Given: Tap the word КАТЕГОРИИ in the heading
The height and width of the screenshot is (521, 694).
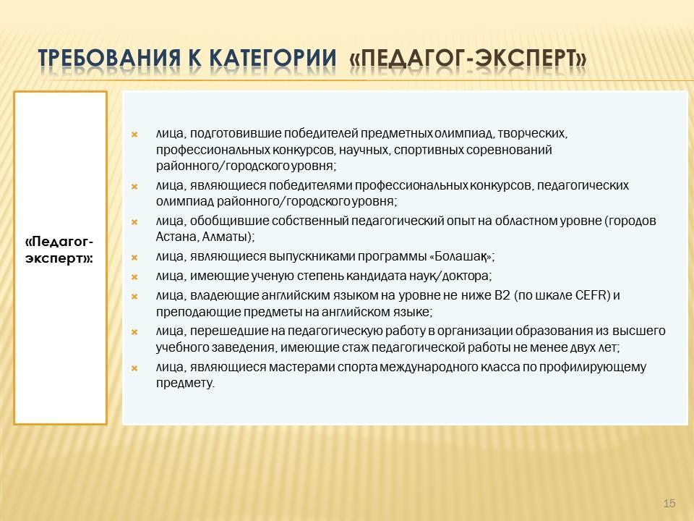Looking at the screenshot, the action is point(273,59).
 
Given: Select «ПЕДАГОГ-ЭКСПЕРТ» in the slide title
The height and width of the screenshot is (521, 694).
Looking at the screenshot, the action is point(468,59).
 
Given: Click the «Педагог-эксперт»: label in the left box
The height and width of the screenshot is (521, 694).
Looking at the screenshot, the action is point(59,250).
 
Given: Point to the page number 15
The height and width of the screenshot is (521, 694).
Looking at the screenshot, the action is point(669,504).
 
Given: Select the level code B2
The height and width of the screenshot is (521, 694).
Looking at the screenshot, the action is point(502,295).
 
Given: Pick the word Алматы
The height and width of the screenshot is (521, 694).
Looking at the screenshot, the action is point(224,237).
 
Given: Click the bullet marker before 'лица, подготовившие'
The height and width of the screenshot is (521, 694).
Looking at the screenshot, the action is point(134,134).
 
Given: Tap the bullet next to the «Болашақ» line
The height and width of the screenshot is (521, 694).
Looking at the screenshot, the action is point(134,257).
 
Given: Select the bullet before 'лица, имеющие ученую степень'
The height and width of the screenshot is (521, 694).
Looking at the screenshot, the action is point(134,276).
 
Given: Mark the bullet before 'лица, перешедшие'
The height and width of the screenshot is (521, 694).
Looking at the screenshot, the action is point(134,331).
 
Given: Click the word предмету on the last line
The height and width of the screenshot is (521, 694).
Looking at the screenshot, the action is point(184,384).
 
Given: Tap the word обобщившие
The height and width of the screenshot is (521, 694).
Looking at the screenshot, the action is point(229,221).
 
